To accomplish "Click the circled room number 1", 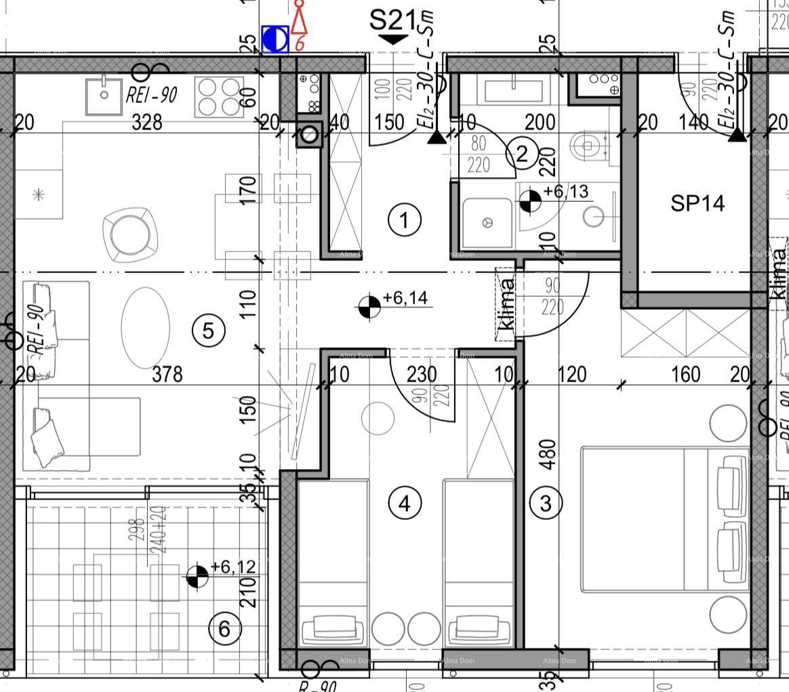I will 405,220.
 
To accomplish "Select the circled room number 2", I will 522,153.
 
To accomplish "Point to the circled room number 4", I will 405,503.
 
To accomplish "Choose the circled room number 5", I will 208,331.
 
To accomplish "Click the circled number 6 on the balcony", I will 225,630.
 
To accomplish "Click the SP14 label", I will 697,203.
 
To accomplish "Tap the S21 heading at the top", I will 392,20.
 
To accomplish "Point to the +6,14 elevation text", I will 405,298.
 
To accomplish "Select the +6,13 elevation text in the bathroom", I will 567,192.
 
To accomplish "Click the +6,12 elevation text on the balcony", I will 233,567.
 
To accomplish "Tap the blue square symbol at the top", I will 275,40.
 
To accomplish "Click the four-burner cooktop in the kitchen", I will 219,97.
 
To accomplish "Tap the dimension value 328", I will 147,122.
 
